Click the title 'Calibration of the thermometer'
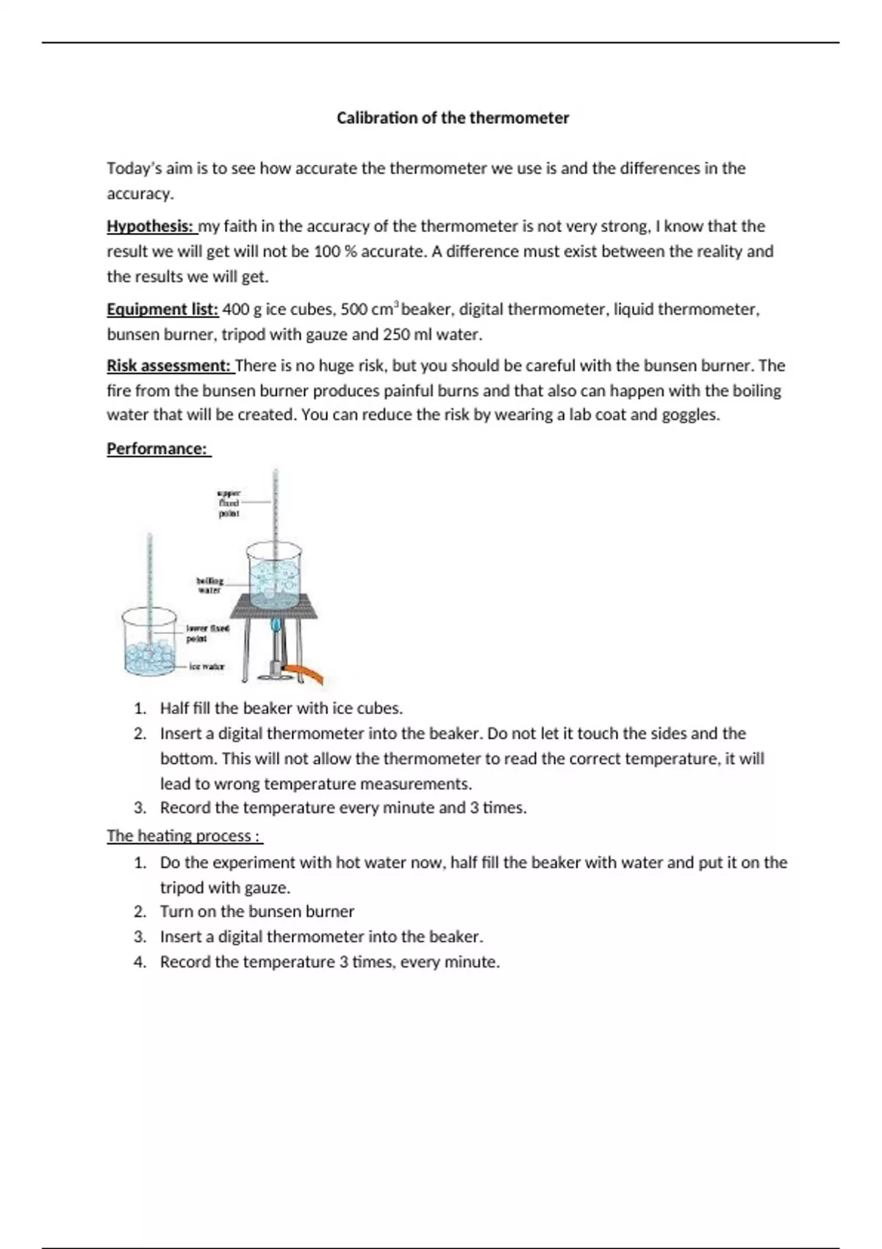click(x=453, y=118)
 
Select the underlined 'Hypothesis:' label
click(x=150, y=226)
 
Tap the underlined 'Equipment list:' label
click(x=162, y=309)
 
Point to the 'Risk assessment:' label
click(x=169, y=366)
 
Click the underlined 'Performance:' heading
click(x=157, y=449)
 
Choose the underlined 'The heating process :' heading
click(x=184, y=836)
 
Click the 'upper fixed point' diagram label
click(x=229, y=503)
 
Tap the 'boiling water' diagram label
click(x=209, y=585)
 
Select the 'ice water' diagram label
click(x=207, y=666)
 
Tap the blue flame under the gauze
click(x=276, y=626)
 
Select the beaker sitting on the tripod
click(x=274, y=577)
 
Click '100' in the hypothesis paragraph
click(x=326, y=251)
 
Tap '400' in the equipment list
click(x=235, y=309)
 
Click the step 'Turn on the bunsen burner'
click(x=257, y=912)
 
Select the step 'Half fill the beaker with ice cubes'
click(x=281, y=708)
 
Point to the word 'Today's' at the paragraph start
click(x=133, y=168)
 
